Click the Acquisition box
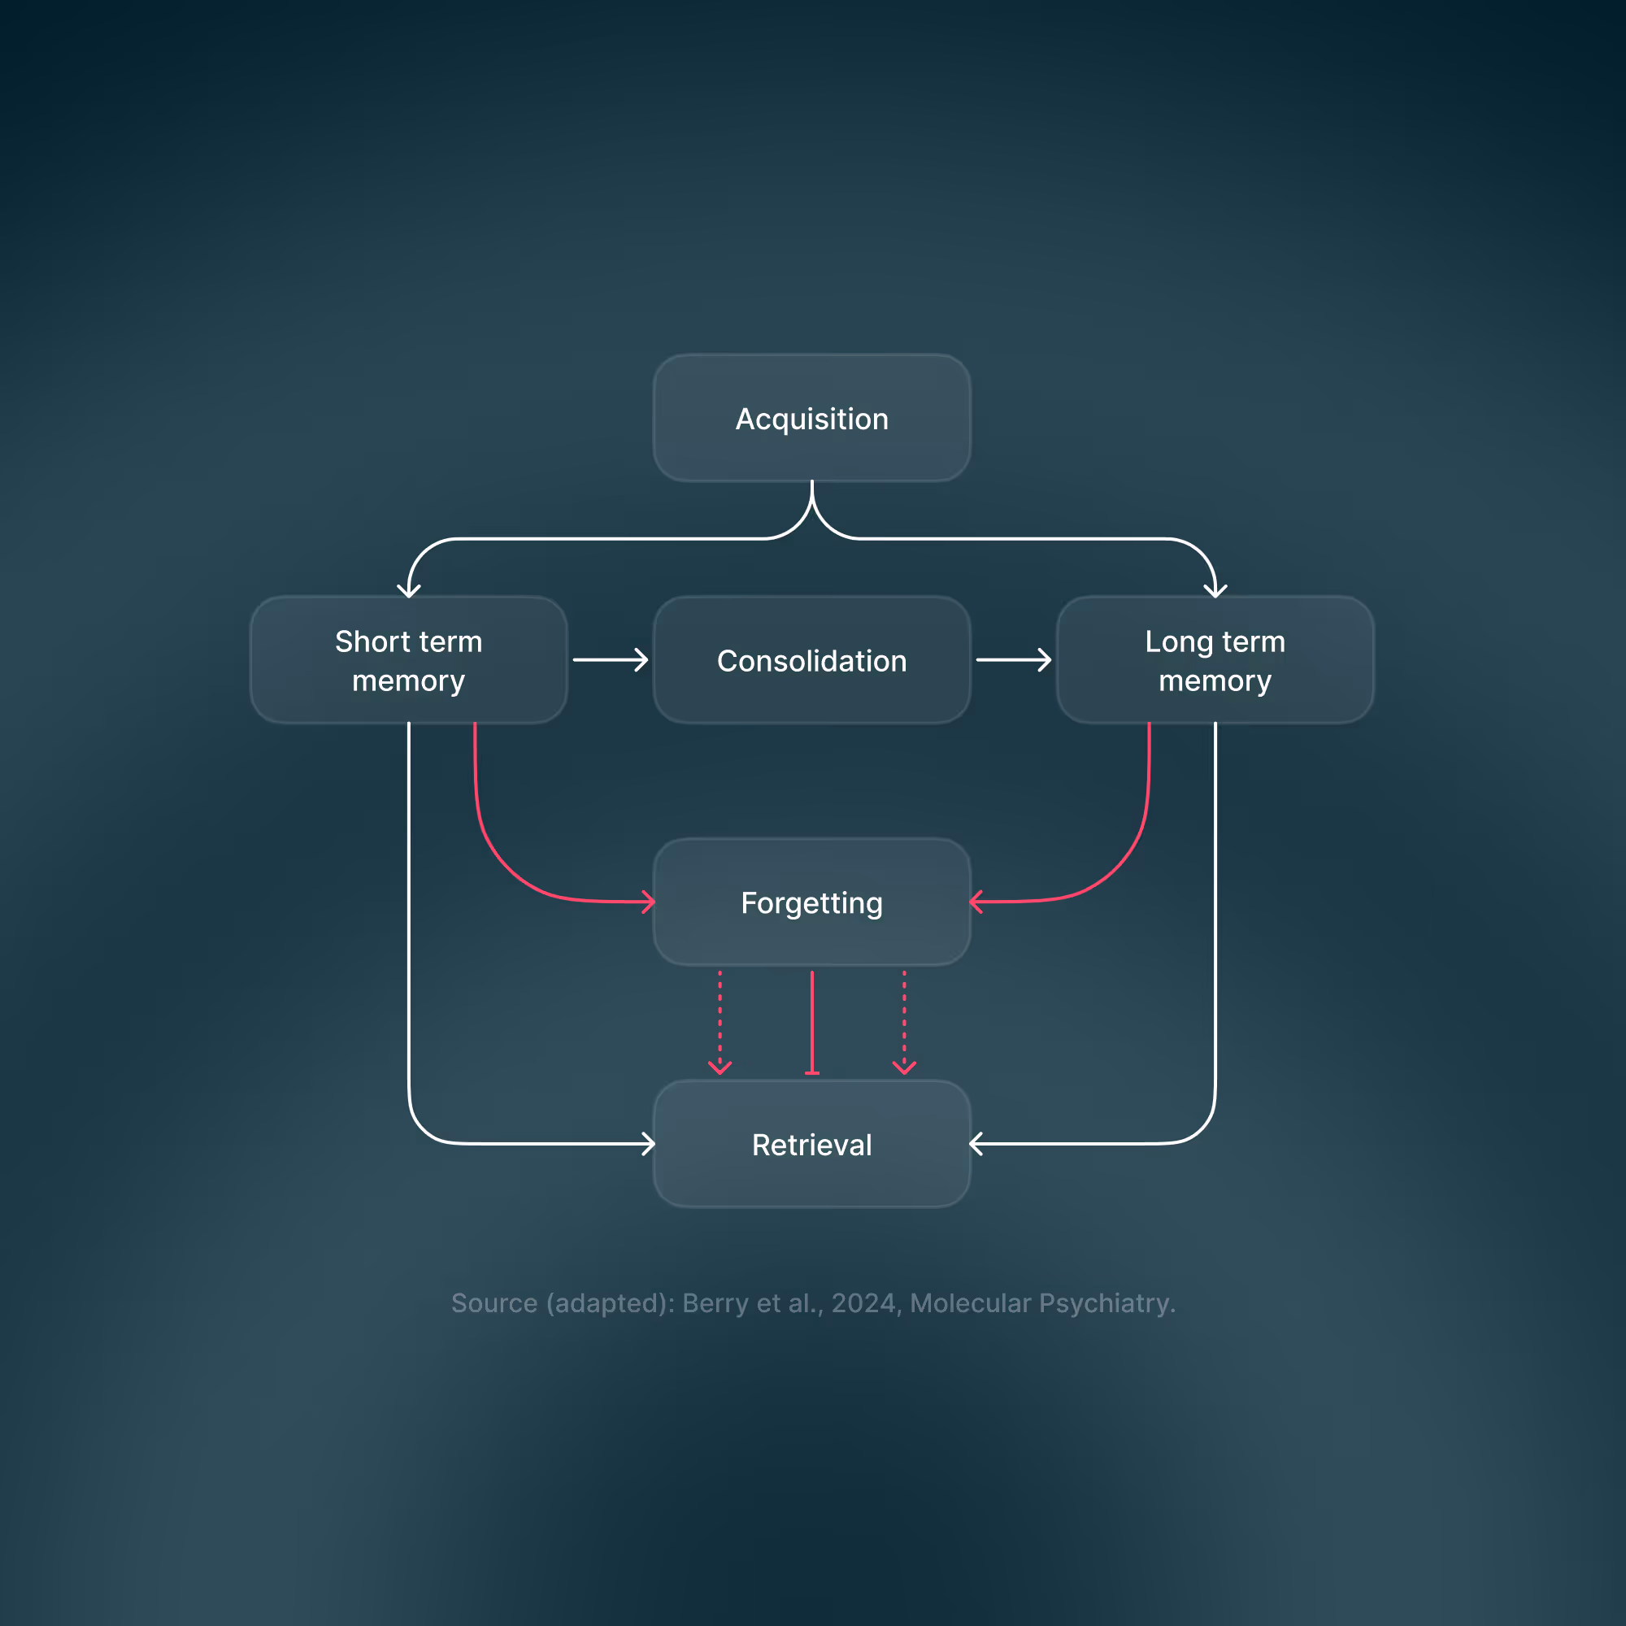click(x=812, y=418)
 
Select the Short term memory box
click(x=409, y=661)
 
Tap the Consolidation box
click(x=812, y=661)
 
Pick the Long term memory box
click(x=1215, y=661)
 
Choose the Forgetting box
click(x=812, y=902)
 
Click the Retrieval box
click(x=812, y=1145)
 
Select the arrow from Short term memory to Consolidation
click(x=611, y=660)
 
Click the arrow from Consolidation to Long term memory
click(x=1014, y=660)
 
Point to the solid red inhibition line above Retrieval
click(x=812, y=1024)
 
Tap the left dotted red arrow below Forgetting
click(x=720, y=1024)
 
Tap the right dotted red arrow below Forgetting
click(x=905, y=1024)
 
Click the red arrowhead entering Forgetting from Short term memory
click(x=649, y=902)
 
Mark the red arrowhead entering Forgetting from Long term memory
click(x=976, y=902)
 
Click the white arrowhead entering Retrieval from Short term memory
click(x=649, y=1144)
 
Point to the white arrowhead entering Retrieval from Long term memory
click(x=976, y=1144)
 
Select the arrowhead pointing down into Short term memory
click(x=409, y=591)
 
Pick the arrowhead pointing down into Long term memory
click(x=1215, y=591)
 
